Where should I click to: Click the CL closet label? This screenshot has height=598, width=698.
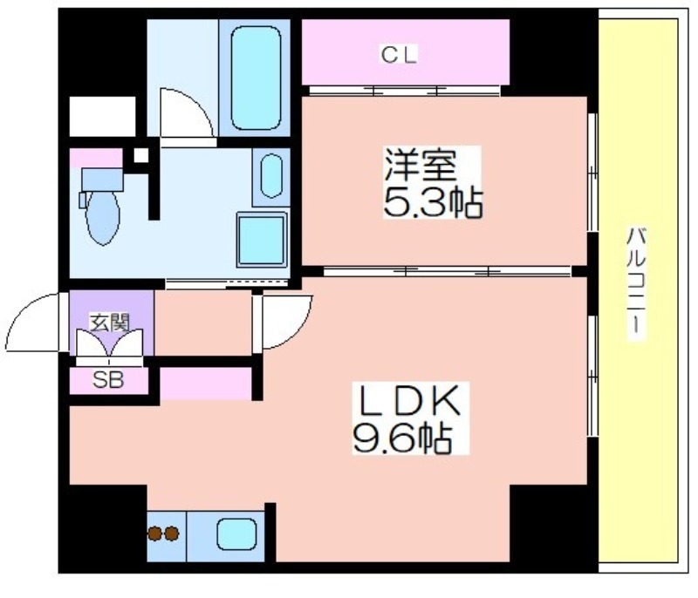click(x=399, y=55)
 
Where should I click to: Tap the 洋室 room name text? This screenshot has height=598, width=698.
click(x=421, y=165)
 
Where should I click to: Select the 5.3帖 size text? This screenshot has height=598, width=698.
click(x=433, y=202)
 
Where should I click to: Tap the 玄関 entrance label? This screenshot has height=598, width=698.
click(x=110, y=323)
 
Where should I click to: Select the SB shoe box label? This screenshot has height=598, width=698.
click(x=108, y=381)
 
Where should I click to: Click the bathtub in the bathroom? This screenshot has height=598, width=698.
click(x=256, y=78)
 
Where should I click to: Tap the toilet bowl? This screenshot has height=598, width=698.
click(x=103, y=218)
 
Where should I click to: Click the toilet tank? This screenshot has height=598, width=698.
click(x=102, y=180)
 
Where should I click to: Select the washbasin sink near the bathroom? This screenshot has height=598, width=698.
click(x=271, y=175)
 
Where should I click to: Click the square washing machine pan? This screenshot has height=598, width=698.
click(x=262, y=240)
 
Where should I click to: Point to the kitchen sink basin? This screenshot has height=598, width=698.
click(x=236, y=535)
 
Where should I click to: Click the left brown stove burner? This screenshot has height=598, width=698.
click(x=154, y=533)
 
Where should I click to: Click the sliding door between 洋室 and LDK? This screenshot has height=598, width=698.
click(x=447, y=271)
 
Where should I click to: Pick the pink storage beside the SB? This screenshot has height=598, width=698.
click(x=206, y=384)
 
